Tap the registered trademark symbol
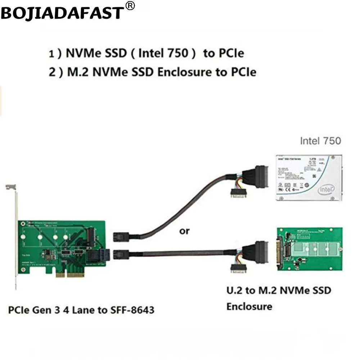tap(131, 6)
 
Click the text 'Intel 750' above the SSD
tap(320, 140)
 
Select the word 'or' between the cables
tap(184, 231)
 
